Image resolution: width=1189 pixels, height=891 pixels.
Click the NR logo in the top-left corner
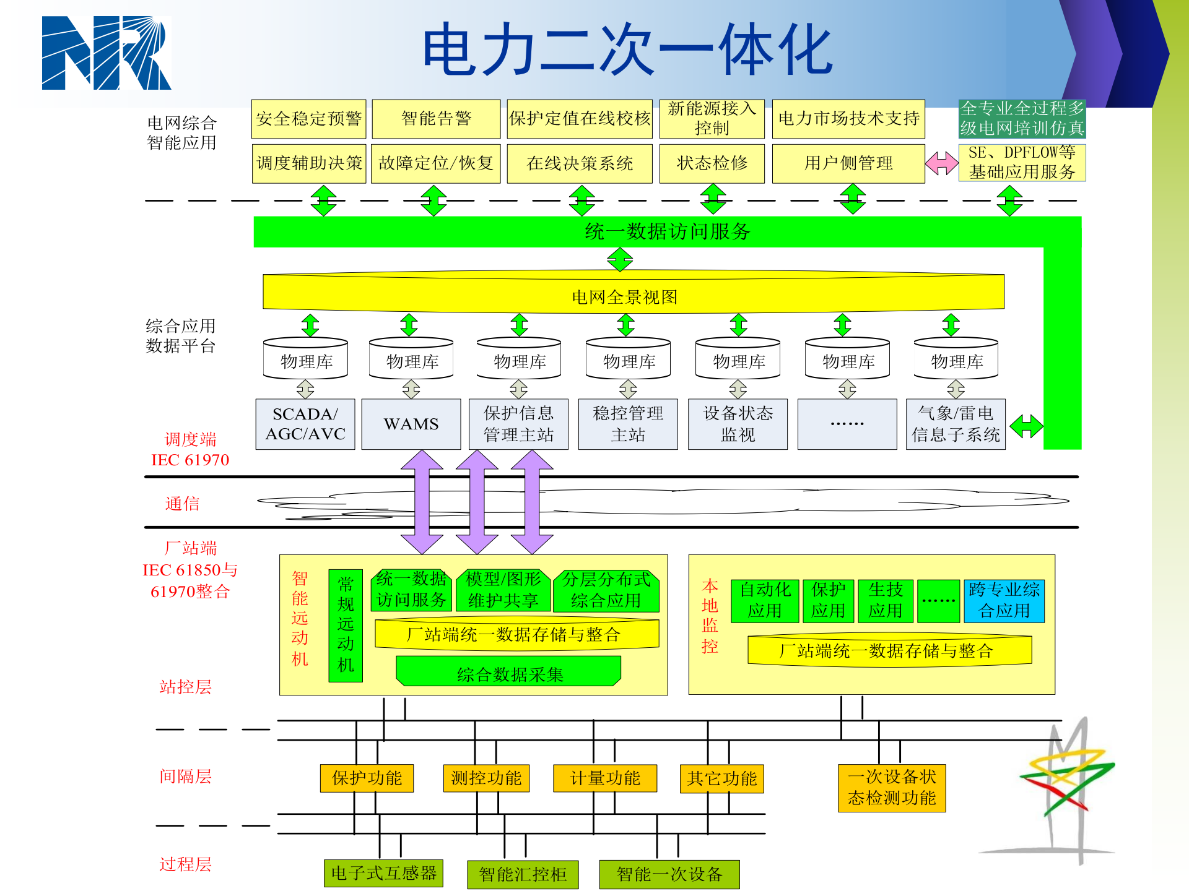tap(106, 53)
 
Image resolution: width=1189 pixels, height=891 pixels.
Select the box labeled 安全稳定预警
tap(308, 119)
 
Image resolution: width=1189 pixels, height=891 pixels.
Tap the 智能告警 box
tap(436, 119)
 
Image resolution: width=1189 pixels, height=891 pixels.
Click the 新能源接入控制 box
tap(712, 119)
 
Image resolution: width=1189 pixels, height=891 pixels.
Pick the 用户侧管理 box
tap(848, 163)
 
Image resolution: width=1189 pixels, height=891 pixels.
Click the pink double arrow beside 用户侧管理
tap(941, 163)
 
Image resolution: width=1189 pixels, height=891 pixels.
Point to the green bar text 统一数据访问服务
tap(667, 231)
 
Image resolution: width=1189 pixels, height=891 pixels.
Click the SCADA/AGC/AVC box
tap(305, 424)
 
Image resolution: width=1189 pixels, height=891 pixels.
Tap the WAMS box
tap(411, 424)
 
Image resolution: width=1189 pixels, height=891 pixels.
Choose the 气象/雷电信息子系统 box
tap(955, 424)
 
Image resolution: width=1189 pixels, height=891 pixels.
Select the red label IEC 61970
tap(190, 460)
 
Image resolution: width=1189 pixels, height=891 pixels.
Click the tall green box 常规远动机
tap(346, 625)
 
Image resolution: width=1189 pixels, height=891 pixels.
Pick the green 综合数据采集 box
tap(509, 673)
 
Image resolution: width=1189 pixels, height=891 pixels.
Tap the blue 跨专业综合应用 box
tap(1004, 600)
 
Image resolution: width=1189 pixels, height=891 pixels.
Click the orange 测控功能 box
tap(486, 778)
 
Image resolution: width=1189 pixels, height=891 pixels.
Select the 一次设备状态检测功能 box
tap(892, 788)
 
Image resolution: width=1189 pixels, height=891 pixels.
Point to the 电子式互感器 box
tap(383, 873)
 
